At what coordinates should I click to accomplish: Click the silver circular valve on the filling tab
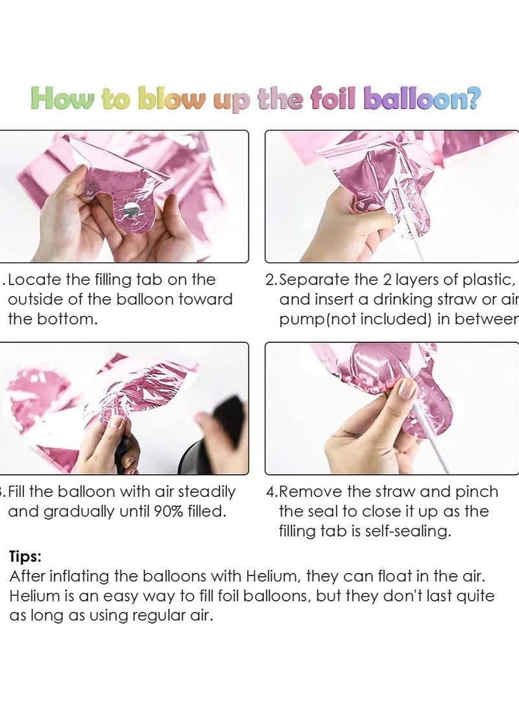(132, 209)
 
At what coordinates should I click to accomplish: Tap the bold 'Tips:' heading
(26, 557)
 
